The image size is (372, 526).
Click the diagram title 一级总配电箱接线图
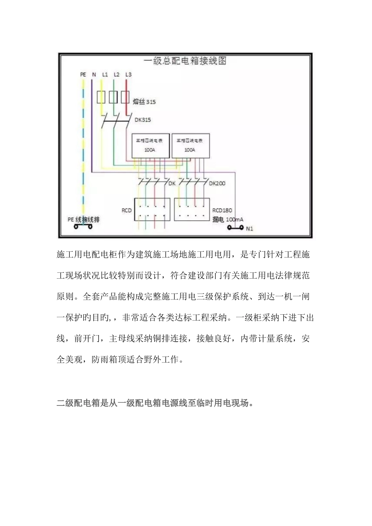[x=185, y=61]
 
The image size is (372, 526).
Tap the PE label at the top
[x=83, y=74]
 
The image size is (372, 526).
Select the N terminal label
[x=94, y=74]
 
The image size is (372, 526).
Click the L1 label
[x=105, y=74]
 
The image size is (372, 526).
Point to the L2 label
[x=116, y=74]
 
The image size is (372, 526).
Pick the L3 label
[x=128, y=74]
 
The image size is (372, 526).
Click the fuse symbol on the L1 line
[x=101, y=97]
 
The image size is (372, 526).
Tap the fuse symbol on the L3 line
[x=125, y=97]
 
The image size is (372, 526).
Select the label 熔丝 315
[x=144, y=102]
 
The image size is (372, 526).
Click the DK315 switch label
[x=143, y=120]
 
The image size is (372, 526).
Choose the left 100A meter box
[x=150, y=145]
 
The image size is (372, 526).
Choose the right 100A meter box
[x=190, y=145]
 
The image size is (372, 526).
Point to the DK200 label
[x=217, y=183]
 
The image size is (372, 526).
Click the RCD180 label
[x=222, y=211]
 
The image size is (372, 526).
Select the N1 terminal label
[x=249, y=229]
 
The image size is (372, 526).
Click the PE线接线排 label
[x=83, y=220]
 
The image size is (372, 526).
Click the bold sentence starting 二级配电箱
[x=155, y=403]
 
